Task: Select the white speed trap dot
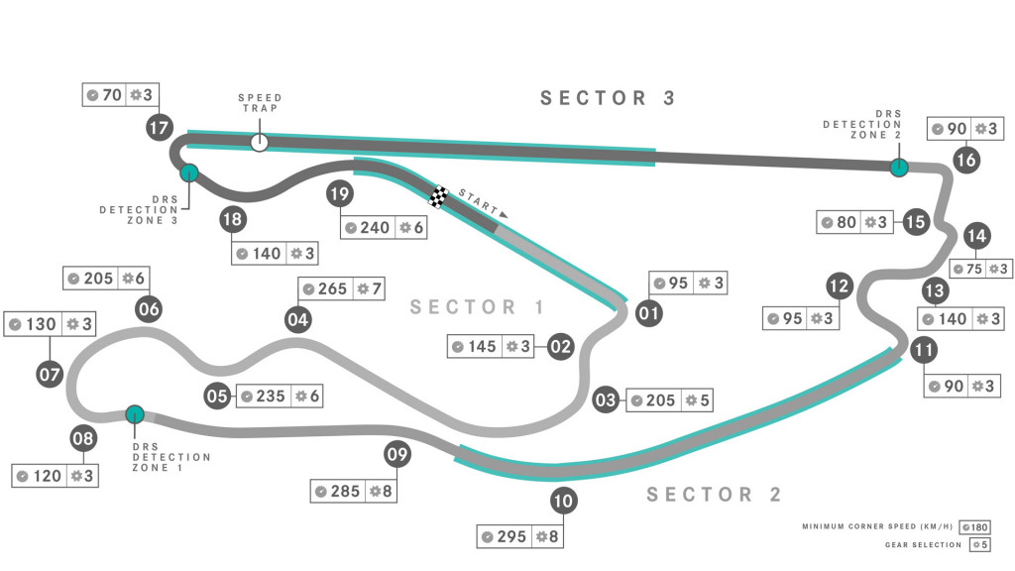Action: click(260, 143)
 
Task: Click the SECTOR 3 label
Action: click(608, 98)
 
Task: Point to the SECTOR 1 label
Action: click(478, 307)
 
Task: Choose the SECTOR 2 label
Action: click(714, 495)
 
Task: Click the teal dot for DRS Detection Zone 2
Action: click(898, 168)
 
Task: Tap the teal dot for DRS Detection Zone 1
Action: click(135, 414)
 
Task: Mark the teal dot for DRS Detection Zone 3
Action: click(188, 173)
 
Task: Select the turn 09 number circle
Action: click(397, 455)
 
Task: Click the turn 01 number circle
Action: click(648, 313)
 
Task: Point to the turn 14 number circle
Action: click(976, 236)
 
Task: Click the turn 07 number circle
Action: click(50, 375)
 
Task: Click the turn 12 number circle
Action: click(840, 287)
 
